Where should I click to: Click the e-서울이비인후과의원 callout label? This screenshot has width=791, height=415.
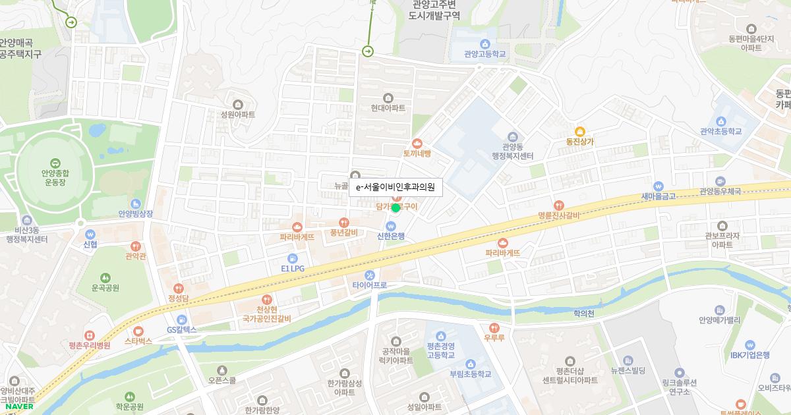[x=395, y=187]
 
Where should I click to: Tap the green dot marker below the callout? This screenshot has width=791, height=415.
[x=395, y=208]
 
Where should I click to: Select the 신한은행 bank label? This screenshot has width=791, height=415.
[x=390, y=236]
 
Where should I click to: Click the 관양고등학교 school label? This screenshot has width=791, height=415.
[x=484, y=54]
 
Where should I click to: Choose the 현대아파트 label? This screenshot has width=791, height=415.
[x=388, y=107]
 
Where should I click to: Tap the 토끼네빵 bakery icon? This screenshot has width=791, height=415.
[x=417, y=143]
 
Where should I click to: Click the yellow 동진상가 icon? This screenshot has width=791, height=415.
[x=580, y=131]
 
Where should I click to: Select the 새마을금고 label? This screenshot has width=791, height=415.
[x=659, y=196]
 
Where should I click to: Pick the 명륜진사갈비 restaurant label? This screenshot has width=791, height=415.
[x=558, y=215]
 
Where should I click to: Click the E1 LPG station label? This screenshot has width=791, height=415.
[x=293, y=269]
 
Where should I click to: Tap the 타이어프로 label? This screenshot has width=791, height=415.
[x=369, y=285]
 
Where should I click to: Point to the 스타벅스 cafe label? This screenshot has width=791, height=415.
[x=138, y=341]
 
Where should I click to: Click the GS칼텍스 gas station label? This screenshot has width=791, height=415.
[x=181, y=329]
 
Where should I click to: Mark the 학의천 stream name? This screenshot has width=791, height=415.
[x=584, y=314]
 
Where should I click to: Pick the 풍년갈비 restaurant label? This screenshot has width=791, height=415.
[x=343, y=232]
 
